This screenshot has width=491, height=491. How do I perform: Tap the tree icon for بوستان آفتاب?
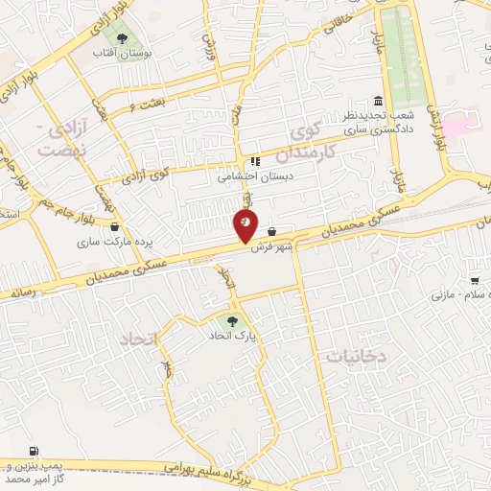pos(132,39)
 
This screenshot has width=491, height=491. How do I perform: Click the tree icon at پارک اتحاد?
pos(229,321)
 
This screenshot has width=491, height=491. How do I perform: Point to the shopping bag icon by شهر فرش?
pos(273,231)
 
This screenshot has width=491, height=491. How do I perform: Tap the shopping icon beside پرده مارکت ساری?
pos(116,228)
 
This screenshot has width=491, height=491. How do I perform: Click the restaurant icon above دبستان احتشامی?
pos(254,161)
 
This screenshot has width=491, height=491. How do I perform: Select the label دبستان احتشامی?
pos(251,175)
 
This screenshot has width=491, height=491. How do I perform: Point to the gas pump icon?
pos(35,451)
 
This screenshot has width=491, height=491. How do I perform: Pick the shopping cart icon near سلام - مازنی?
pos(475,281)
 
